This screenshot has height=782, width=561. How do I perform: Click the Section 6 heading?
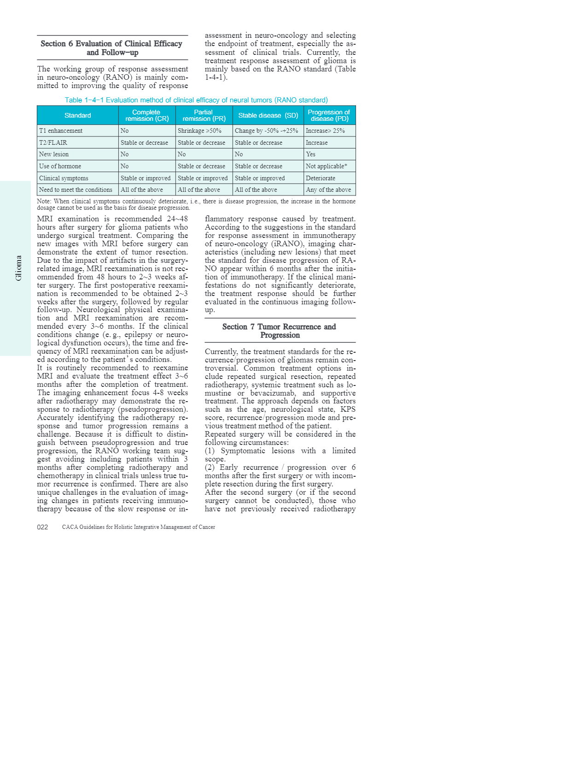[x=112, y=48]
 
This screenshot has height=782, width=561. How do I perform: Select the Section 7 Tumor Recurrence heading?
[x=280, y=331]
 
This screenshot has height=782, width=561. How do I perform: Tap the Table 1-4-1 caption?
[x=196, y=100]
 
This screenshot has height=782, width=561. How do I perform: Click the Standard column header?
[x=78, y=115]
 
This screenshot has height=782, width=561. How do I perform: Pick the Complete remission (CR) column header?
[x=147, y=115]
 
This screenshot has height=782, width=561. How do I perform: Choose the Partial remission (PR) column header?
[x=204, y=115]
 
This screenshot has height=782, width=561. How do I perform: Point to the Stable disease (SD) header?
[x=268, y=115]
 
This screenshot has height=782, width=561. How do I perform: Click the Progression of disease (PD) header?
[x=329, y=115]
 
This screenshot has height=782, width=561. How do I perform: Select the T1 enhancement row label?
[x=61, y=131]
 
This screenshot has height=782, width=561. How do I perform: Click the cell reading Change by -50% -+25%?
[x=266, y=131]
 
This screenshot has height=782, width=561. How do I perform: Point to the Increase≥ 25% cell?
[x=325, y=131]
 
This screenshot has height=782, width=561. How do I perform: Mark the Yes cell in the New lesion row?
[x=311, y=154]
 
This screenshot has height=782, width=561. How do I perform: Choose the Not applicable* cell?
[x=327, y=166]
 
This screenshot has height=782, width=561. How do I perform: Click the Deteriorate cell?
[x=321, y=178]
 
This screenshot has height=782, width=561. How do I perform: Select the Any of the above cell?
[x=328, y=190]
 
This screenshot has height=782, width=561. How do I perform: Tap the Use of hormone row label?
[x=60, y=166]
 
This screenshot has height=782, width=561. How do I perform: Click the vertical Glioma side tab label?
[x=18, y=268]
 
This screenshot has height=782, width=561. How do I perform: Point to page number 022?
[x=42, y=527]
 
